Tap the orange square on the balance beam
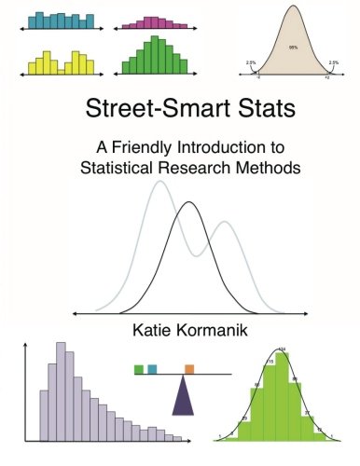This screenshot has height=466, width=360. point(189,369)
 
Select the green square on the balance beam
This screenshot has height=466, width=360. point(139,369)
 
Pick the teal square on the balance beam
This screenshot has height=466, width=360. point(152,369)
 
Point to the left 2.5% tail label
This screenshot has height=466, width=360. point(250,62)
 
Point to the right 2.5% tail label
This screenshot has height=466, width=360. point(335,62)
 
